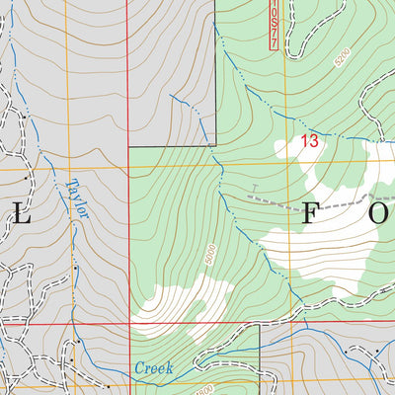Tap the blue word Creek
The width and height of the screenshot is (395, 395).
point(153,368)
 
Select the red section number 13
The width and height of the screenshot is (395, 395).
point(309,142)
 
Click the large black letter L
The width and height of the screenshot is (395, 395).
point(22,216)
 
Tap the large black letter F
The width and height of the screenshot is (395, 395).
point(308,216)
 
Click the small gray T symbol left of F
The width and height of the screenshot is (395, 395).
point(254,187)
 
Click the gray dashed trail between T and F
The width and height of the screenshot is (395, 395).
point(281,199)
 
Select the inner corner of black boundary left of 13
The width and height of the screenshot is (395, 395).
point(215,147)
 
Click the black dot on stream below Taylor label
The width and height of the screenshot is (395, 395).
point(74,268)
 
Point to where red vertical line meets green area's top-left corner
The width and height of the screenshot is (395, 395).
point(128,148)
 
